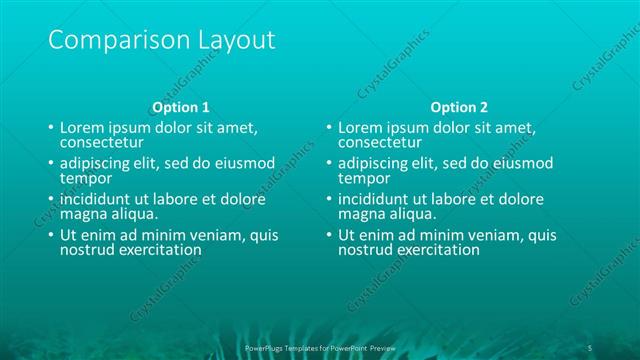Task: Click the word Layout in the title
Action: click(227, 41)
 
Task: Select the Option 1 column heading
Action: click(180, 107)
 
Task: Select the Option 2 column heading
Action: click(460, 107)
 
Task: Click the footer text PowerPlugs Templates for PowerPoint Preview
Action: click(320, 347)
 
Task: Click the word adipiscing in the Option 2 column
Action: click(373, 163)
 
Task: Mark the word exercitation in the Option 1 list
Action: click(158, 250)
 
